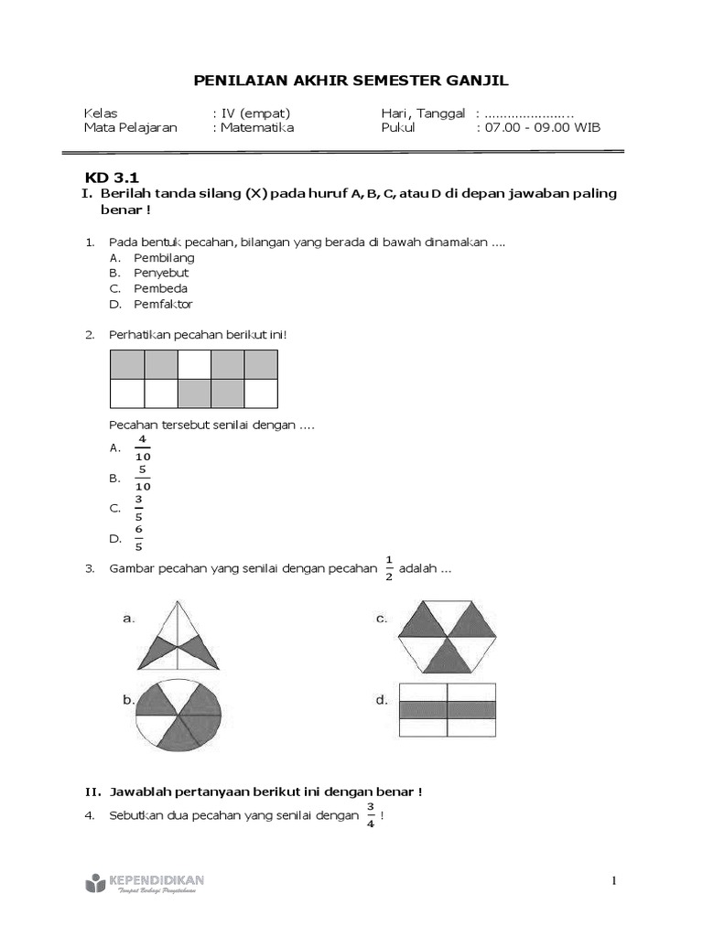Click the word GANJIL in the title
[477, 81]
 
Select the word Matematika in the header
[256, 128]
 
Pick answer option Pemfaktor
[163, 304]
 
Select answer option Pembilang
[164, 257]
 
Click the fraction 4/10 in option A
[143, 447]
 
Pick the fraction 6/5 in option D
[139, 539]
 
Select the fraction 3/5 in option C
[139, 508]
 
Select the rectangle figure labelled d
[448, 709]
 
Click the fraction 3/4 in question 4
[371, 813]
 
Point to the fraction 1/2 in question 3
[388, 567]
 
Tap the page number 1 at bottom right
[615, 880]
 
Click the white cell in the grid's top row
[194, 365]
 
